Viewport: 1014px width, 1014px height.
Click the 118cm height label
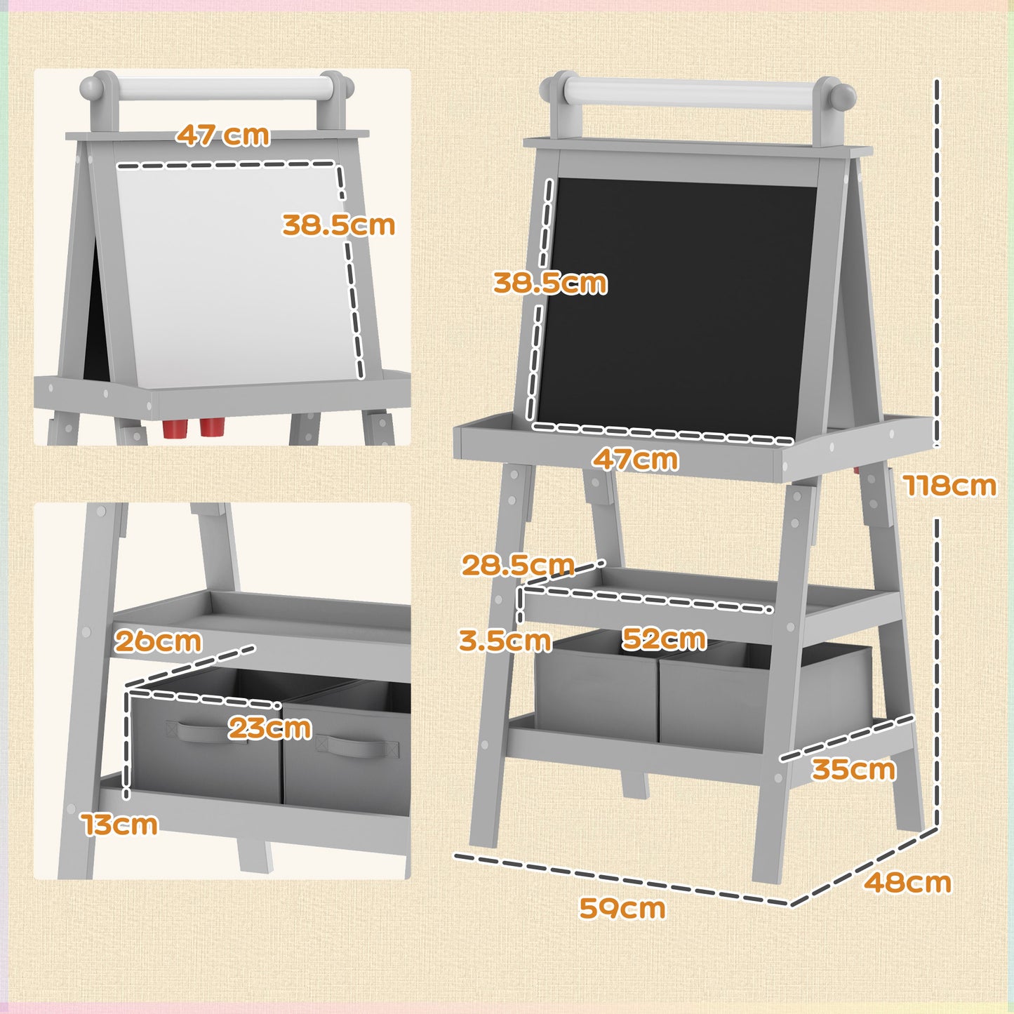point(949,485)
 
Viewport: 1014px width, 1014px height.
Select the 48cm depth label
point(907,882)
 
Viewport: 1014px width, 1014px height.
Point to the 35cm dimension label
point(853,769)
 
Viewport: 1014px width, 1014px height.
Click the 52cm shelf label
point(664,639)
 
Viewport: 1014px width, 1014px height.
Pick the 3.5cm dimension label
point(505,640)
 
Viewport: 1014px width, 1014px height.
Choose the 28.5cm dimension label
point(518,565)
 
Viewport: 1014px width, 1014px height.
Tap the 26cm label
point(158,641)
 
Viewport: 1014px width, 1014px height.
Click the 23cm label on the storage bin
point(269,728)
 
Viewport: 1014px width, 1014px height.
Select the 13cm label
point(120,825)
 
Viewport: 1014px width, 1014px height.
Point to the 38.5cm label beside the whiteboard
point(338,225)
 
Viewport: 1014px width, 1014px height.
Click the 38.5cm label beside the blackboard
point(549,283)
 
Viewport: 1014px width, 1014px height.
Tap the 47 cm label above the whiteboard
point(222,135)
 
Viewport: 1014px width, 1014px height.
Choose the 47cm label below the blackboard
point(635,460)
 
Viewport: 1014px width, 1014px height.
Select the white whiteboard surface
point(232,274)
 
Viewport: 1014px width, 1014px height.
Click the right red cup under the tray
point(210,427)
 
